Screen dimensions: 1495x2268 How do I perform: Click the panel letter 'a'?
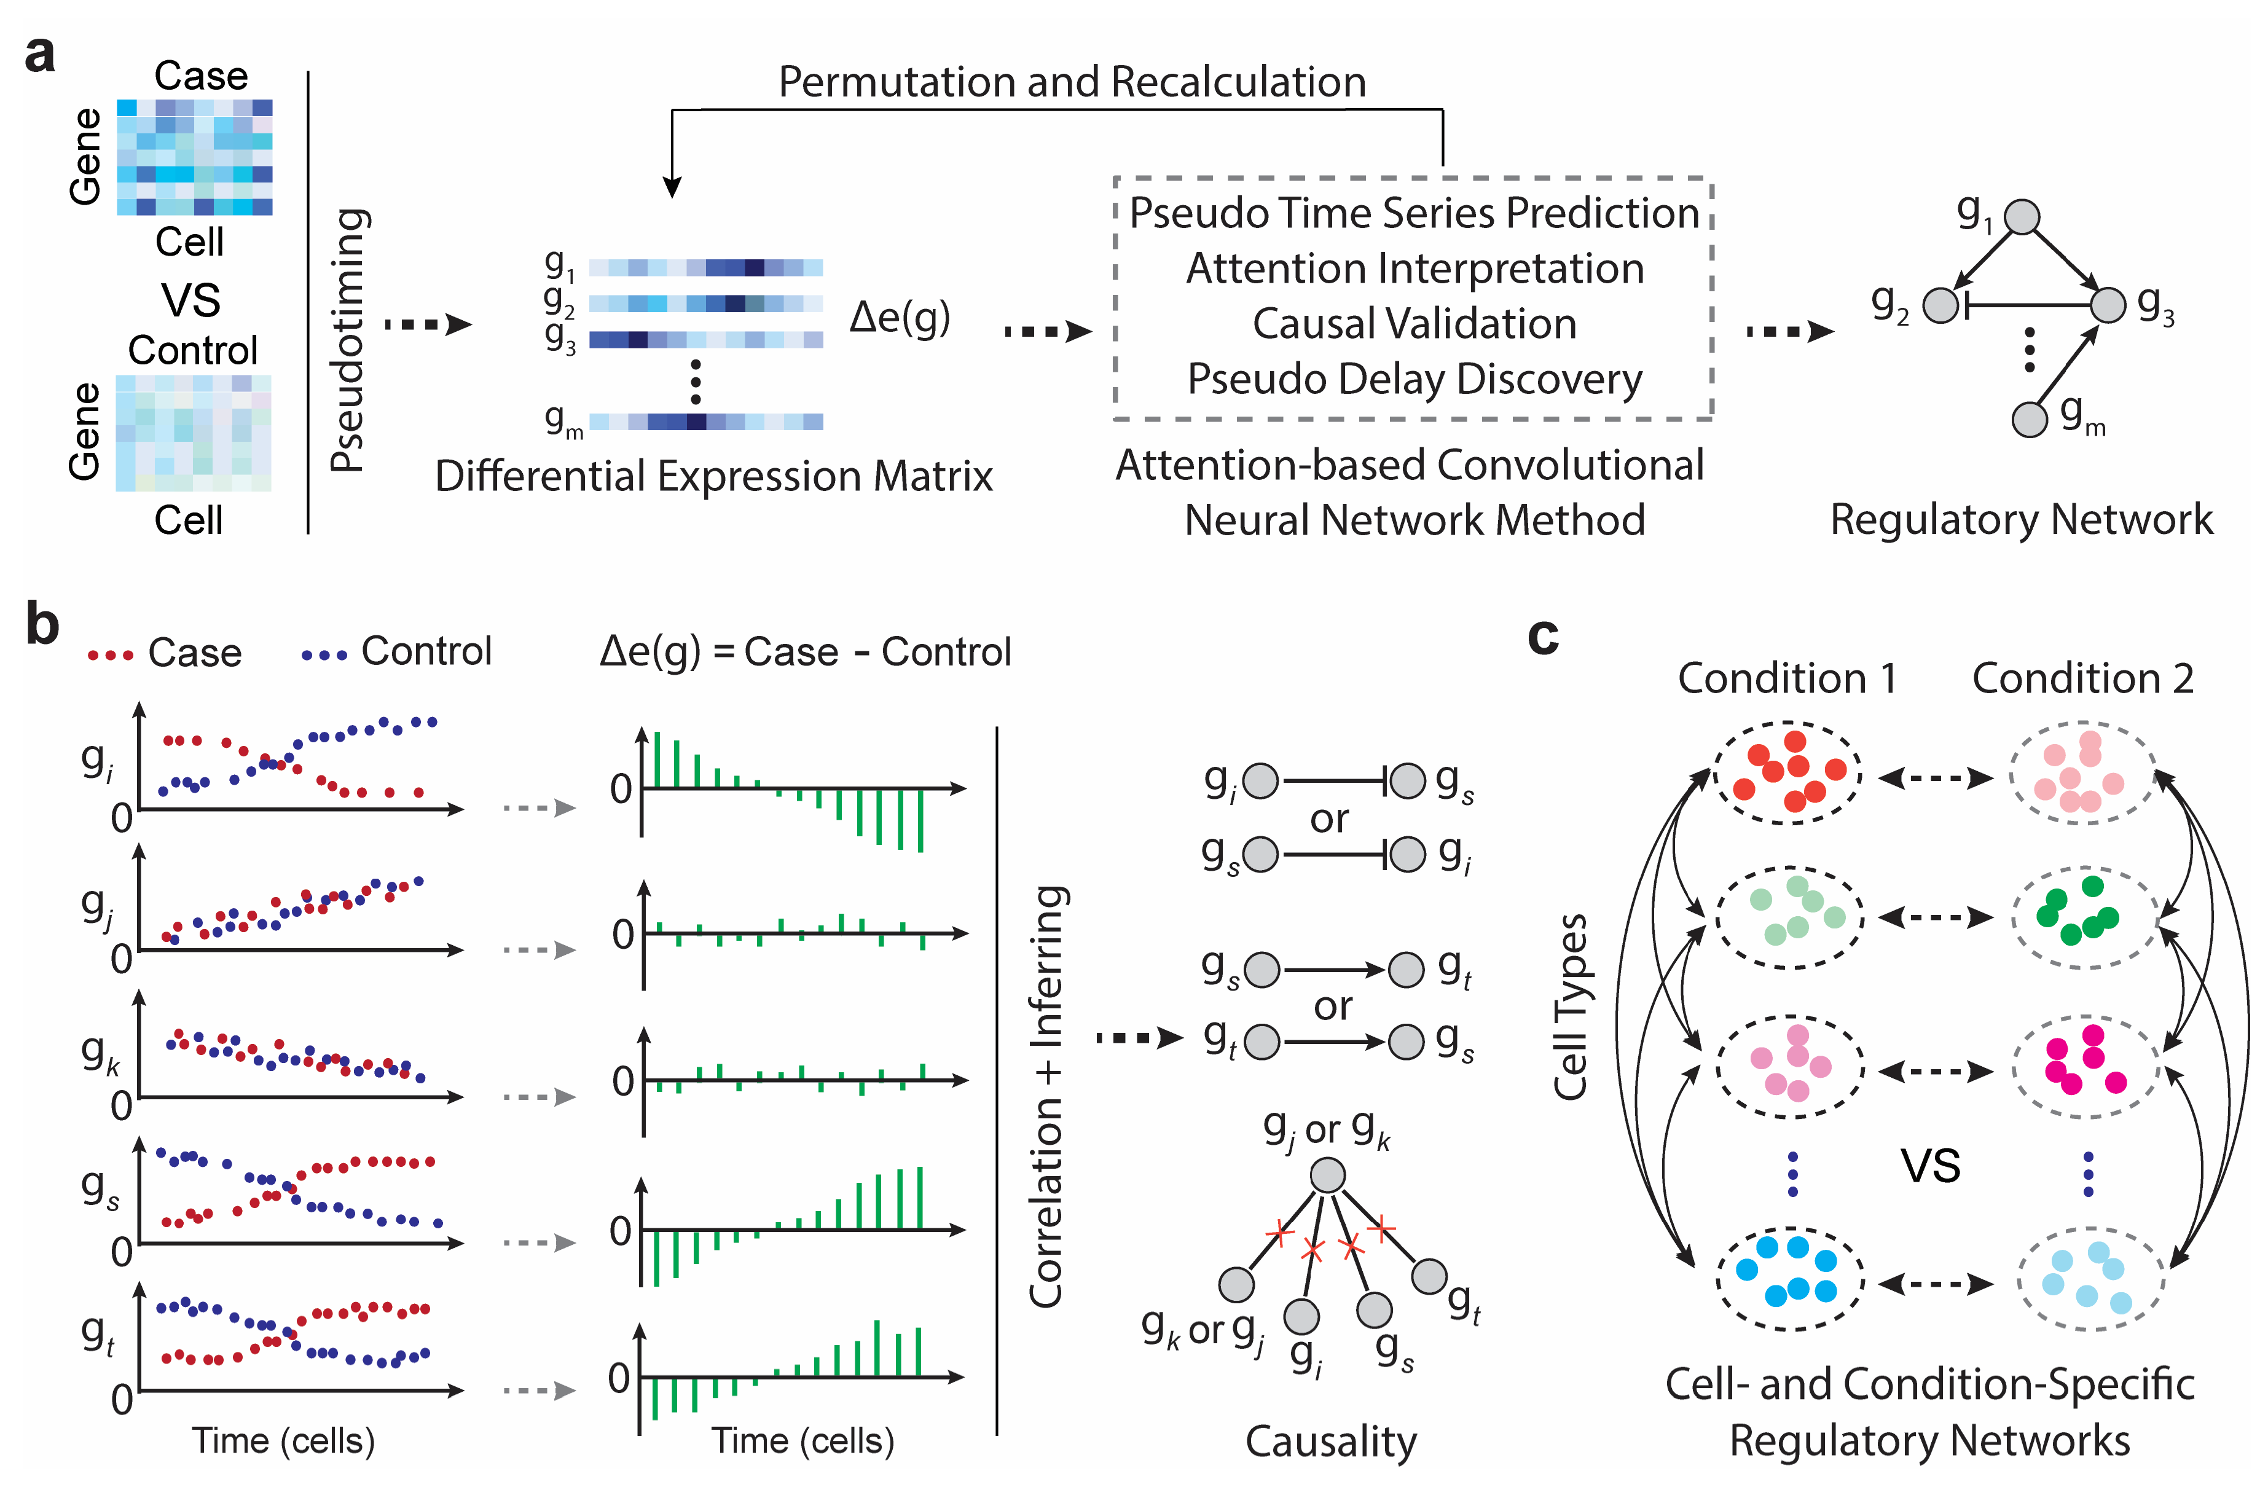40,55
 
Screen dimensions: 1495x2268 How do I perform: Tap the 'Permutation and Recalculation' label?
1072,82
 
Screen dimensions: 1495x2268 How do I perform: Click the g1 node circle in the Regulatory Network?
2021,218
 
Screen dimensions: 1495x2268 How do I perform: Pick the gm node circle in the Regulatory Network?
2030,418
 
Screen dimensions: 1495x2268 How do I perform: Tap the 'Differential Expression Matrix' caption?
713,476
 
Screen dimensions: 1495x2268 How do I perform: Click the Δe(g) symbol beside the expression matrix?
899,318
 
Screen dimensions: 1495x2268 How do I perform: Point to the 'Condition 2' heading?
2082,679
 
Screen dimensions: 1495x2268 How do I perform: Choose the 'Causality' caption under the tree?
1331,1442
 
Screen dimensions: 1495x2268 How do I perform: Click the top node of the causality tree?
1327,1175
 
